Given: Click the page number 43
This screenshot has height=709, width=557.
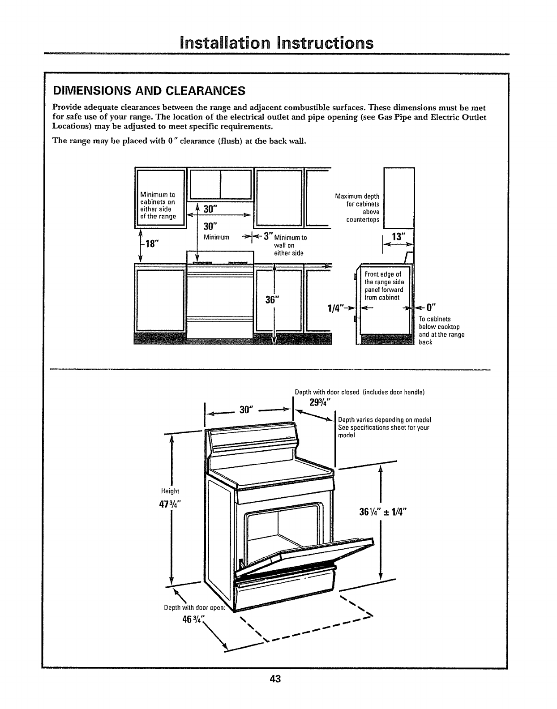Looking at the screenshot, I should pos(275,679).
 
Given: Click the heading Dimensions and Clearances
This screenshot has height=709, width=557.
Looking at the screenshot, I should pos(149,91).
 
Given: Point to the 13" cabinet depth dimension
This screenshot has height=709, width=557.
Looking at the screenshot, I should pos(398,236).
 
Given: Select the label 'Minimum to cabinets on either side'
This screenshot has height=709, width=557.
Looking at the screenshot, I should pos(158,205).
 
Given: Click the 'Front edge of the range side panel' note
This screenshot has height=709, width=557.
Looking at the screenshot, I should pos(385,285).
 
